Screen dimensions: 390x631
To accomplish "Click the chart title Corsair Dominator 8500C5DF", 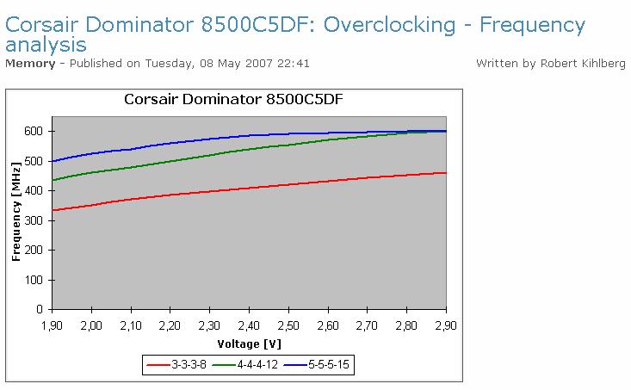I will coord(234,98).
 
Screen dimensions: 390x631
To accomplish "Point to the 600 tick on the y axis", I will coord(34,131).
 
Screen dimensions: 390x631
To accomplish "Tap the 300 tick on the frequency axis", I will coord(34,220).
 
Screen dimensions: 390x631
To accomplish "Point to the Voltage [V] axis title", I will coord(248,344).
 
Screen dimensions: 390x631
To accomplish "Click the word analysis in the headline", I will coord(46,44).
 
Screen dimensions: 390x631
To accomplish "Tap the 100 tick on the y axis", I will coord(34,279).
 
